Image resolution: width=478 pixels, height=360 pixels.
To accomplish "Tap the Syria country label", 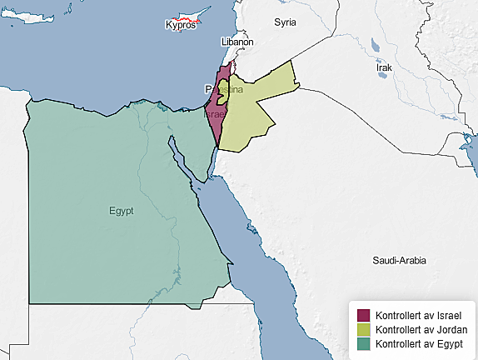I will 286,22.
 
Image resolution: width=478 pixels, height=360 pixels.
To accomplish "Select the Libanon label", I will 237,42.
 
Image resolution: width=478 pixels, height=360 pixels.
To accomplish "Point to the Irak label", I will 383,67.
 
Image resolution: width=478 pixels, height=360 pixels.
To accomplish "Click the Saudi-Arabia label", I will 400,261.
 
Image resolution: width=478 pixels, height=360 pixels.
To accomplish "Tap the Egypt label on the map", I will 122,211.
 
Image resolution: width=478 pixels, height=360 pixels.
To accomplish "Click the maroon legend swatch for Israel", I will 363,316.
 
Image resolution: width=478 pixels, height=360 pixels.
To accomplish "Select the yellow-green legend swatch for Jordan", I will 363,330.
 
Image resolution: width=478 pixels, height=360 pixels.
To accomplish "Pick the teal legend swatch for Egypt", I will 363,343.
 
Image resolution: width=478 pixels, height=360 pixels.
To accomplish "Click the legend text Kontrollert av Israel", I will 419,316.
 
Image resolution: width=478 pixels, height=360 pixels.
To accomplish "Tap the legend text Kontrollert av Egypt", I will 419,343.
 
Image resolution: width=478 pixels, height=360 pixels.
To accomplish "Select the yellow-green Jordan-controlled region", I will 254,112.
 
